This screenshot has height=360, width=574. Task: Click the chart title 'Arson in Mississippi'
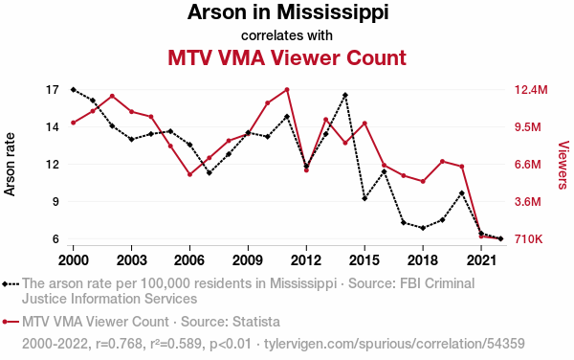click(288, 12)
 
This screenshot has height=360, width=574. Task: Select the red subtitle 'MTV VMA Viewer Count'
click(287, 57)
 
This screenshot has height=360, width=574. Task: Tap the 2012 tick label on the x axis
click(306, 260)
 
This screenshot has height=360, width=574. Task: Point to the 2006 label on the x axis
click(189, 260)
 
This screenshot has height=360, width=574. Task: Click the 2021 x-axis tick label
click(481, 260)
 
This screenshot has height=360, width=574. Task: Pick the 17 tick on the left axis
click(53, 90)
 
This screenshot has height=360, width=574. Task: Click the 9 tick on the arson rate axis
click(55, 201)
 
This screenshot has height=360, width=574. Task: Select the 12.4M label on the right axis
click(531, 90)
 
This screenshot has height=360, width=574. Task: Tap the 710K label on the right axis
click(528, 239)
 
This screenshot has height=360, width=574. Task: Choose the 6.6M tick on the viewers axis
click(527, 164)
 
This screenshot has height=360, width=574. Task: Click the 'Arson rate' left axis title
click(10, 165)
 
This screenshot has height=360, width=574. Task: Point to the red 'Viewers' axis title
click(563, 165)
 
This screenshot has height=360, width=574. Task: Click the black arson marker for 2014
click(345, 95)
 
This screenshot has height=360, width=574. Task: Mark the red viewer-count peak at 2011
click(287, 90)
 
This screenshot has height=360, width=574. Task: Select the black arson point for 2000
click(74, 90)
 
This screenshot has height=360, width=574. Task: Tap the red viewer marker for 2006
click(189, 174)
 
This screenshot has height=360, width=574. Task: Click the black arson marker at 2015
click(364, 198)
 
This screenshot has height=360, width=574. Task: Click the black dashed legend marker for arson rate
click(11, 283)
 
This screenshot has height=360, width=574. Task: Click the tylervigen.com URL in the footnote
click(394, 344)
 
